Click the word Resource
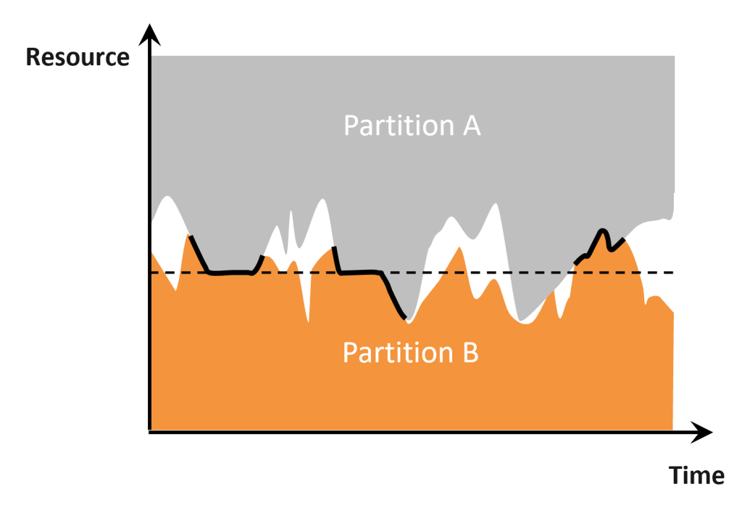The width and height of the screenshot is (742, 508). tap(78, 57)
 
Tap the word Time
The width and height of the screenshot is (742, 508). tap(696, 475)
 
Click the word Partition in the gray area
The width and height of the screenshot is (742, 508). tap(399, 126)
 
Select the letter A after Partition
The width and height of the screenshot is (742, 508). tap(472, 126)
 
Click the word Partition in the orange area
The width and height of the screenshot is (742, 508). tap(398, 353)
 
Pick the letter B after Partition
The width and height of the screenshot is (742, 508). tap(470, 353)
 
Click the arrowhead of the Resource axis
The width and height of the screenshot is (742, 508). tap(149, 35)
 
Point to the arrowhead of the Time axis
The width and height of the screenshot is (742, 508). tap(701, 432)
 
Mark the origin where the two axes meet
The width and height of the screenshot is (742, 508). tap(150, 431)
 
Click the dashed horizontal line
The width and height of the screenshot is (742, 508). tap(412, 272)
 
